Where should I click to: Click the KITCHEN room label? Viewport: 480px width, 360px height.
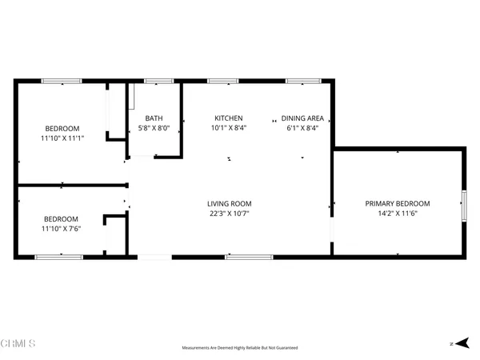click(x=227, y=118)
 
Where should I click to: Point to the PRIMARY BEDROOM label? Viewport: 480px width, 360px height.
click(x=398, y=203)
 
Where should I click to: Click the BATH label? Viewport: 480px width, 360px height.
click(x=154, y=118)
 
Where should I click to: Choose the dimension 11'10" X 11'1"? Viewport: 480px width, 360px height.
click(x=62, y=138)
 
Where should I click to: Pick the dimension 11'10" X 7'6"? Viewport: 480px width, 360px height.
click(x=61, y=229)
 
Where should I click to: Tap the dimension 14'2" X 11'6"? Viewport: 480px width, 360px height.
click(x=398, y=213)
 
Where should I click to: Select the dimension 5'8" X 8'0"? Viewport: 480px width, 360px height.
click(x=154, y=128)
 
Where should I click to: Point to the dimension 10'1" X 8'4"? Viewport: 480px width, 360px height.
click(x=228, y=128)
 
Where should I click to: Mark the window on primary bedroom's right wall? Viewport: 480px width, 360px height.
click(x=463, y=205)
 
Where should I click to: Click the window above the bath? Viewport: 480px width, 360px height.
click(x=159, y=81)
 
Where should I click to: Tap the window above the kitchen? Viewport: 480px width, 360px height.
click(x=222, y=81)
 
